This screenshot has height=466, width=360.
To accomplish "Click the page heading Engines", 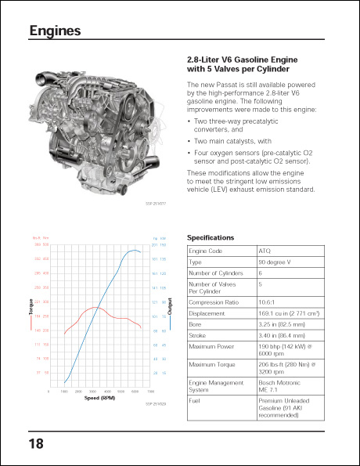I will pyautogui.click(x=55, y=31).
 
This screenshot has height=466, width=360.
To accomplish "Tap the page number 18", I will pyautogui.click(x=36, y=443).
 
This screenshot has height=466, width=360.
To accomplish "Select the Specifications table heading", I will pyautogui.click(x=211, y=237).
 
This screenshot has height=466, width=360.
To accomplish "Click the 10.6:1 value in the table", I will pyautogui.click(x=268, y=302).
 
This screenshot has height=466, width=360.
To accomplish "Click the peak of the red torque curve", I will pyautogui.click(x=92, y=307).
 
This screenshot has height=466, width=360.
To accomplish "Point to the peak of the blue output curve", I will pyautogui.click(x=134, y=250).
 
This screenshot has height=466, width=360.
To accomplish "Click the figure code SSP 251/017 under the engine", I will pyautogui.click(x=157, y=203).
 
